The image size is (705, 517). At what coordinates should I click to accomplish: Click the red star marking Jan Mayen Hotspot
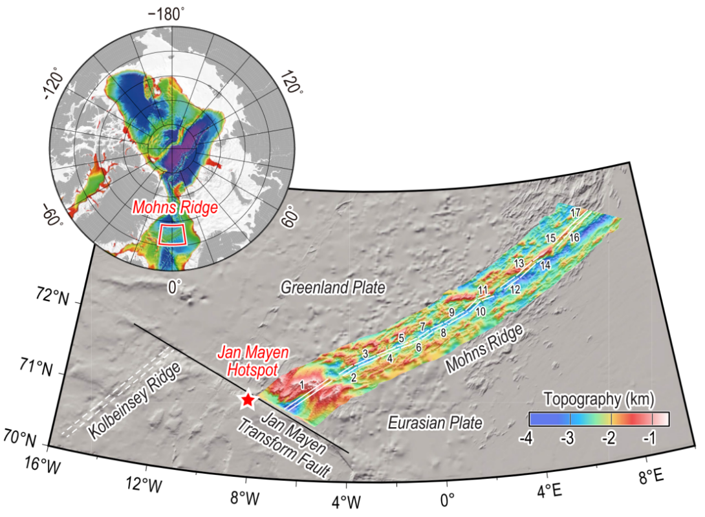[x=246, y=399]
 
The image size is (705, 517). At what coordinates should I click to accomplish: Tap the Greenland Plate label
[x=333, y=288]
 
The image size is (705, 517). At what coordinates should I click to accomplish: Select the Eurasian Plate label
[x=435, y=423]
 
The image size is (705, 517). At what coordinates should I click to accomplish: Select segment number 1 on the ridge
[x=302, y=385]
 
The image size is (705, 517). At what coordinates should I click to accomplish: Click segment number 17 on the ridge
[x=575, y=213]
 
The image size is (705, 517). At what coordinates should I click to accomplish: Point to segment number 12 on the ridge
[x=515, y=290]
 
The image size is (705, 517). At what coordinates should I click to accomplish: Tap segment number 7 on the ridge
[x=422, y=327]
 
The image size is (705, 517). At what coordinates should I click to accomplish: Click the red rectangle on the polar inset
[x=172, y=234]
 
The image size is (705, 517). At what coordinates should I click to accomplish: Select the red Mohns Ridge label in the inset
[x=174, y=208]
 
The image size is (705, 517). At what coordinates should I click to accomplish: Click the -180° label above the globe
[x=167, y=14]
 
